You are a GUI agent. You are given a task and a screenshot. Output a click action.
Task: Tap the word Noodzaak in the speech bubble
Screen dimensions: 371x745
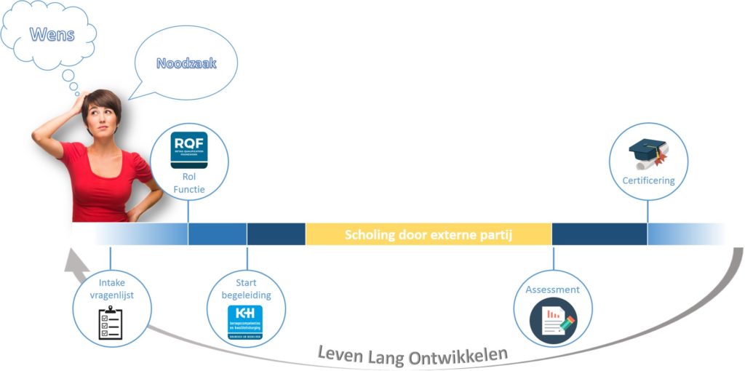pos(186,64)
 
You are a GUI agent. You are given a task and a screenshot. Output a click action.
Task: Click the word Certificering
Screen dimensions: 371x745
pos(648,180)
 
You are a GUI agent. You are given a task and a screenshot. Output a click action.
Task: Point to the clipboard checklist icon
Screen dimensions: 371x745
pos(111,324)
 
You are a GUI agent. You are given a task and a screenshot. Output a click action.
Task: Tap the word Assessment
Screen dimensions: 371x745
pos(553,290)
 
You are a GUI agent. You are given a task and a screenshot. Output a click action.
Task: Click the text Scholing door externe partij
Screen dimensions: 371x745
pos(429,234)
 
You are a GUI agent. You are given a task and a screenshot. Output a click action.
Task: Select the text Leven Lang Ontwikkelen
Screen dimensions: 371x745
pos(413,354)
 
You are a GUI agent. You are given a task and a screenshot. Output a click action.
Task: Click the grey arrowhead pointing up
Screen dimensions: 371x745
pos(71,260)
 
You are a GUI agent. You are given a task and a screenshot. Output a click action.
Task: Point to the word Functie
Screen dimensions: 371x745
pos(188,190)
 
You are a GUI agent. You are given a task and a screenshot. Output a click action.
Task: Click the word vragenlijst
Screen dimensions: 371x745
pos(111,295)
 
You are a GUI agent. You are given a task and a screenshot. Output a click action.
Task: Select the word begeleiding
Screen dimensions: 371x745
pos(246,295)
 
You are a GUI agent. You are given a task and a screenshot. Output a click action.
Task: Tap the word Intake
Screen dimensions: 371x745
pos(111,283)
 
